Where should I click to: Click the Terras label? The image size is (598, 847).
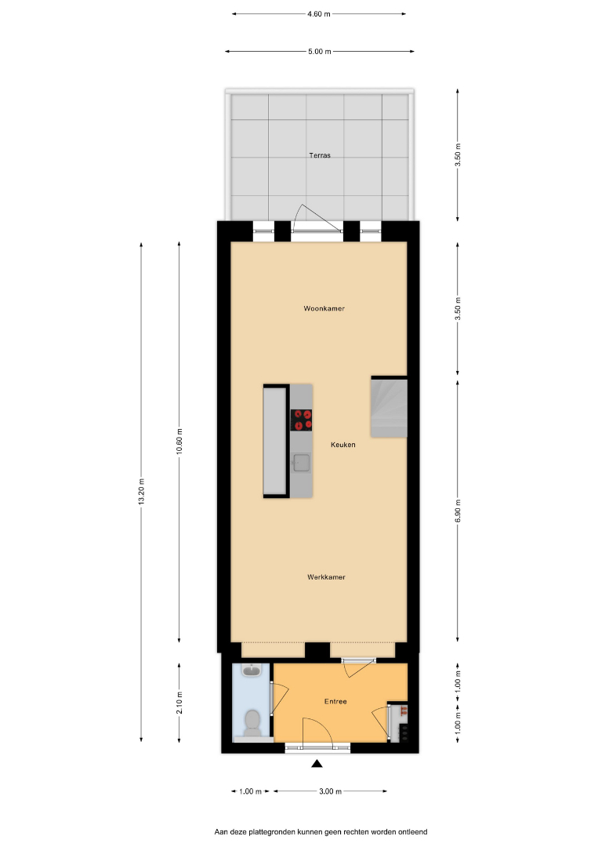(x=320, y=155)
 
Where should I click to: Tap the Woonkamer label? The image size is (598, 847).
(x=324, y=308)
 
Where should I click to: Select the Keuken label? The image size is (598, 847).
(x=343, y=445)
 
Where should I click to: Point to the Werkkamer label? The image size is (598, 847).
(x=326, y=577)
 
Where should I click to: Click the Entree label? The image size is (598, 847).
(x=335, y=701)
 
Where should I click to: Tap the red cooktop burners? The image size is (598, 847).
(x=302, y=420)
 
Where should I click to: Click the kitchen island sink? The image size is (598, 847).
(x=301, y=463)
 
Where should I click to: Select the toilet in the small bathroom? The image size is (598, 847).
(x=252, y=723)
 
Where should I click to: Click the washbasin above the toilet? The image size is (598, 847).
(x=252, y=671)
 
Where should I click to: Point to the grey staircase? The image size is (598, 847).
(x=389, y=407)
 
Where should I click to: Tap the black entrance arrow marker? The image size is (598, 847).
(x=317, y=763)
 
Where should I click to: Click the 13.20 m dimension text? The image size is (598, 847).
(x=141, y=492)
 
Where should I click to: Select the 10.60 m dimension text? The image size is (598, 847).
(x=179, y=442)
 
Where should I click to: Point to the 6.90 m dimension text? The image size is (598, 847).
(x=458, y=511)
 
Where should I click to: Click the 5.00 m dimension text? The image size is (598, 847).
(x=320, y=51)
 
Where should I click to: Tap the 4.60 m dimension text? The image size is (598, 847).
(x=319, y=14)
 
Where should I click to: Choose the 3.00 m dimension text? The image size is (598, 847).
(x=330, y=791)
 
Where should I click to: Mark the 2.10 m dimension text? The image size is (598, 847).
(x=179, y=703)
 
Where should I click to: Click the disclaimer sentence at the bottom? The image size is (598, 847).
(x=321, y=832)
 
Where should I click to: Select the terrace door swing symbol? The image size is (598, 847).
(x=316, y=218)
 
